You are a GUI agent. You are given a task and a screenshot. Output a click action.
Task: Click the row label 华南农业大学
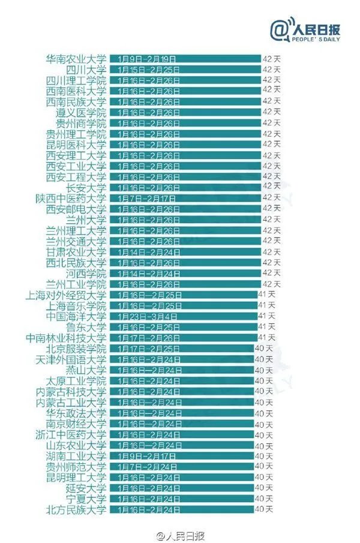[76, 59]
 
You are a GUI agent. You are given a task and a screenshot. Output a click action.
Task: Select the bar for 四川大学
[185, 70]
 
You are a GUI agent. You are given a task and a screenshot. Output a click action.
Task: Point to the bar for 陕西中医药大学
[185, 198]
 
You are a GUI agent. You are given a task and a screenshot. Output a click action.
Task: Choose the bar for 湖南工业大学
[181, 456]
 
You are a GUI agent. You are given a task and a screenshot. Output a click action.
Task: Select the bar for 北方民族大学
[181, 509]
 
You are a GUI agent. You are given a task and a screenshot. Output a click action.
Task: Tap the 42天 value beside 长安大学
[271, 187]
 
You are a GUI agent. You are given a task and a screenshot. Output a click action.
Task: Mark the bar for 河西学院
[185, 273]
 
